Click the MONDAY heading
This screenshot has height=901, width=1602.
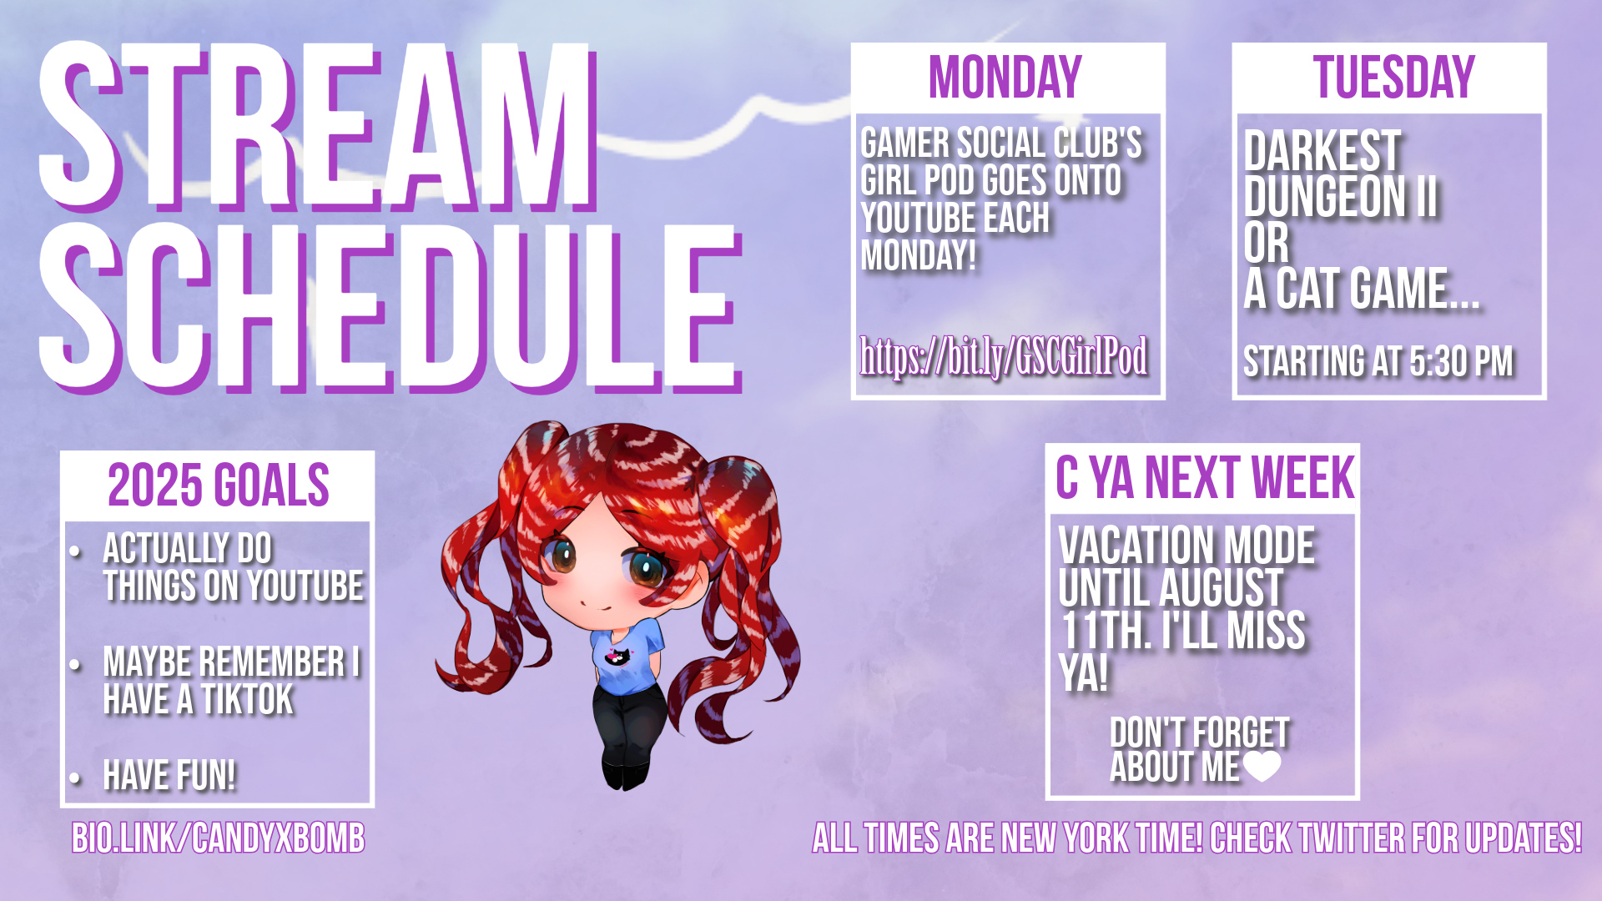(1005, 77)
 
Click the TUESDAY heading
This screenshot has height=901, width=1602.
(1393, 77)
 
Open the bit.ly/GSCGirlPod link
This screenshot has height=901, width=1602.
(1004, 357)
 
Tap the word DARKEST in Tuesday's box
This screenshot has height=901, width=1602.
(1322, 151)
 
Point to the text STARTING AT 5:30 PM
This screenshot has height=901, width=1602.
(1378, 361)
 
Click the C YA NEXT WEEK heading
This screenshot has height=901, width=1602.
(1205, 478)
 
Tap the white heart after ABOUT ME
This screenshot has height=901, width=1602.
(1262, 766)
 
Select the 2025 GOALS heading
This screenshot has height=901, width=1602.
(219, 485)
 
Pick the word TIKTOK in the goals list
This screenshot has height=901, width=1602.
(247, 699)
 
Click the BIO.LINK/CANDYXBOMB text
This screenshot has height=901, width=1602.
(219, 838)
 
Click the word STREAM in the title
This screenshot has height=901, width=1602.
(317, 125)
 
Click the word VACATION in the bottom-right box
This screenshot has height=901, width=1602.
(1129, 546)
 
